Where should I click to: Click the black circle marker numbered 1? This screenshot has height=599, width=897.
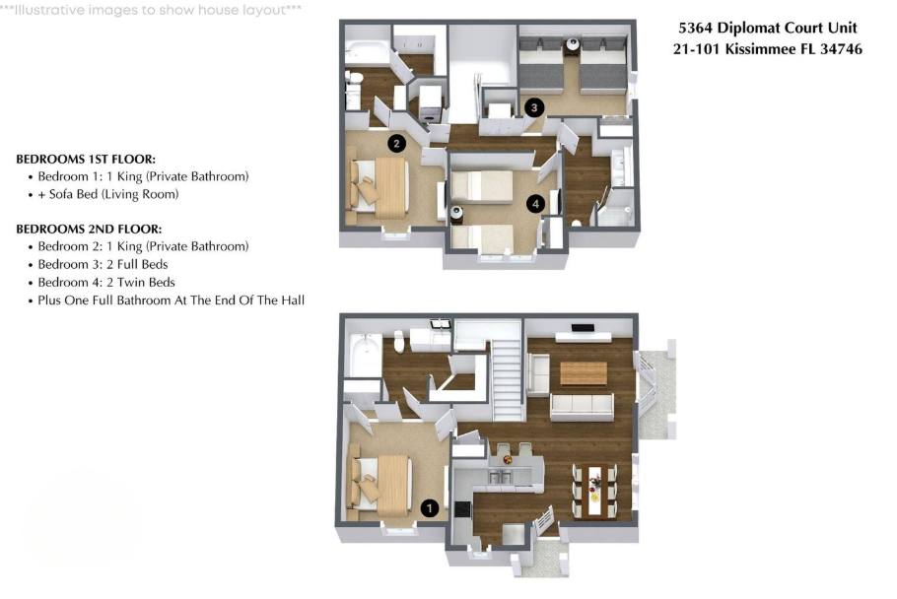(x=430, y=507)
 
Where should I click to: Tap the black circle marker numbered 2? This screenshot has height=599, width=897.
(x=396, y=143)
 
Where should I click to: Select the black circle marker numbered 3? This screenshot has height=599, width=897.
(x=534, y=106)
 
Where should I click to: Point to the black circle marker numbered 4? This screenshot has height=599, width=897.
(x=535, y=203)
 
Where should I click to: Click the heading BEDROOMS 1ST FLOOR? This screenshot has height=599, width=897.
(x=86, y=159)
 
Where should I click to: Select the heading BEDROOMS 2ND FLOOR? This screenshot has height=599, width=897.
(x=89, y=230)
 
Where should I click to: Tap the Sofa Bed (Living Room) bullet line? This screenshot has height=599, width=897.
(x=108, y=194)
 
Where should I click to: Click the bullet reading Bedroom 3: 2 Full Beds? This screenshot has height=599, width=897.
(x=98, y=265)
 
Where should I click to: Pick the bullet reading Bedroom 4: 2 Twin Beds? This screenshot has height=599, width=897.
(x=102, y=283)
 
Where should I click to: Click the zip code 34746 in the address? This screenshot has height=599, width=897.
(x=841, y=49)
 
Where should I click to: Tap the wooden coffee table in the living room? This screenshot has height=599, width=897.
(x=584, y=373)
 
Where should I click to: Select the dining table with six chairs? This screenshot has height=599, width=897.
(x=595, y=491)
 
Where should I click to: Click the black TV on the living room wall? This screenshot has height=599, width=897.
(x=583, y=328)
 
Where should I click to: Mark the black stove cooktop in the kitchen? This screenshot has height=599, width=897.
(x=462, y=508)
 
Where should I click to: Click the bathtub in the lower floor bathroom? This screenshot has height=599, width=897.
(x=365, y=355)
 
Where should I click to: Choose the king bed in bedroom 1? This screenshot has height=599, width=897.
(x=380, y=483)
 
